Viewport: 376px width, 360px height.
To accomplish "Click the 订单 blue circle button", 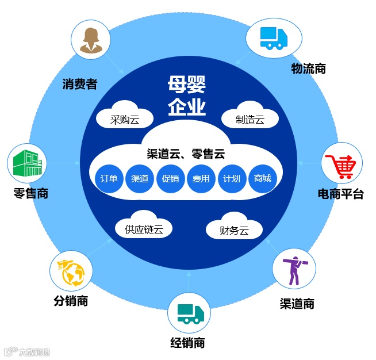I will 109,178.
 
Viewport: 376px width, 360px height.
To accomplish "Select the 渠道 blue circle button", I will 140,178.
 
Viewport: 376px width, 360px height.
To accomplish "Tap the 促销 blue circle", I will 170,178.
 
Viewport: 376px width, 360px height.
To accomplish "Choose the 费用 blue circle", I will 201,178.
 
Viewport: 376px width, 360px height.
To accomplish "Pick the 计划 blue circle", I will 231,178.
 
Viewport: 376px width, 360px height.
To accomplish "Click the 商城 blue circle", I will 262,178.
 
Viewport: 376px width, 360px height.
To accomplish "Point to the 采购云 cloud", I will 125,118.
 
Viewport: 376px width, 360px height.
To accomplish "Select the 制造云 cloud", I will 250,118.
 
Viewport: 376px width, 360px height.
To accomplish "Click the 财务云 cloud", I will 234,231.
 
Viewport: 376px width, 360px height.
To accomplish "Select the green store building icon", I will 28,163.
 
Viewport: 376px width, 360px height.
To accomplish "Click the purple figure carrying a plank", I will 294,269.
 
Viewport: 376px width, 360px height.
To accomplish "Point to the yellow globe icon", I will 71,273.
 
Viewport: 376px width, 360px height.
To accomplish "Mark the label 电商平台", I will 340,194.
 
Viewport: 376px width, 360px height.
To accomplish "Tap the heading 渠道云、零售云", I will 185,154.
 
